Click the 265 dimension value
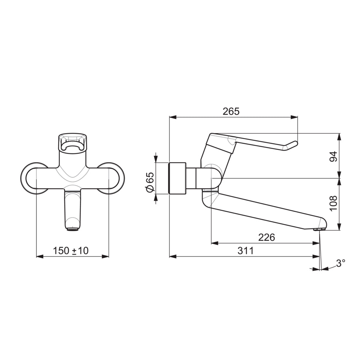pos(231,111)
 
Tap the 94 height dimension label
pos(334,156)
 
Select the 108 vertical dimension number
pos(334,203)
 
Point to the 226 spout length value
pos(266,237)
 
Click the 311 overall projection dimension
pos(246,251)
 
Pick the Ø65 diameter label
pos(150,182)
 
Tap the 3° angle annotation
pos(341,263)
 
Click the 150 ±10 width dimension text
pos(71,251)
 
